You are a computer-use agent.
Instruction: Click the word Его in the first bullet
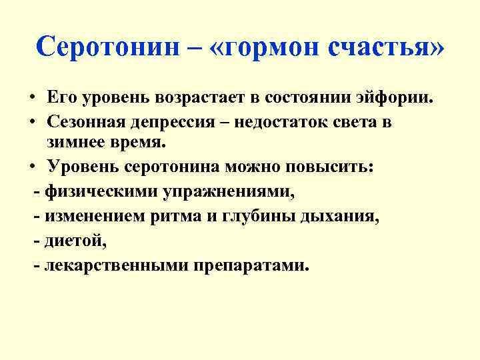(x=61, y=98)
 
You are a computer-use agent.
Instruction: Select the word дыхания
(x=343, y=216)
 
